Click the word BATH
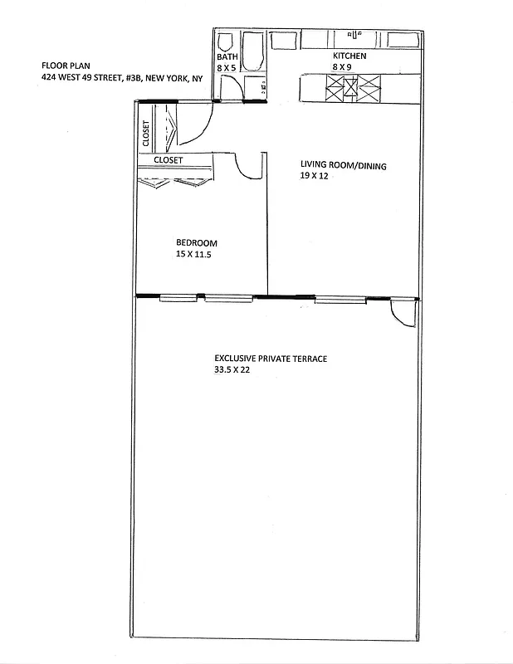point(227,56)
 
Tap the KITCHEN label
point(349,56)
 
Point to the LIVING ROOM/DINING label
point(343,165)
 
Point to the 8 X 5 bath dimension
point(227,68)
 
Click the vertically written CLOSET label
point(146,134)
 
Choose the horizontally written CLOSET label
point(169,160)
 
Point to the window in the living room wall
point(340,299)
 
